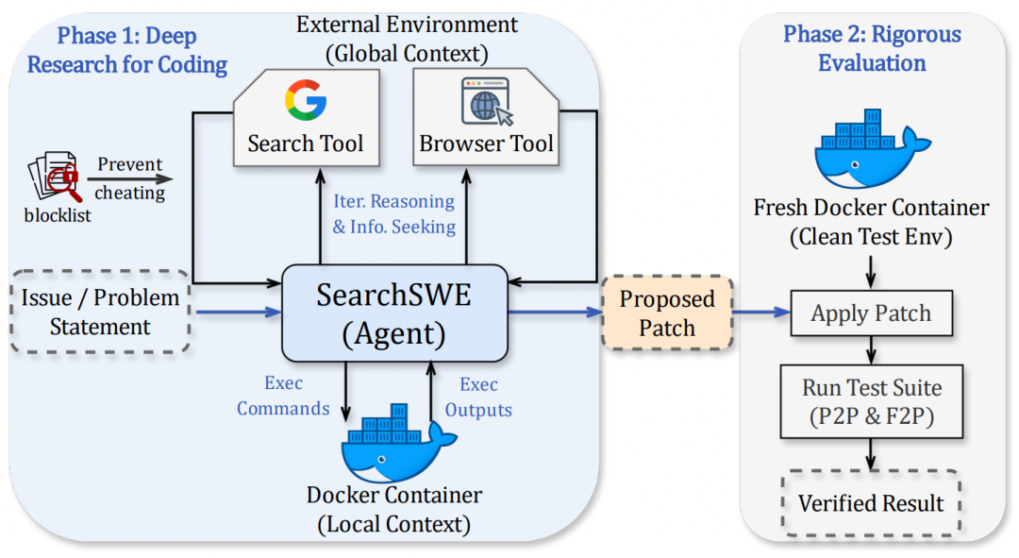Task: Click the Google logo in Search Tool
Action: (x=305, y=101)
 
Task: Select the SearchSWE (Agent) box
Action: (x=395, y=313)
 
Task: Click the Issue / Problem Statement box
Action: (x=100, y=313)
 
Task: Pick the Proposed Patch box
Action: (x=667, y=313)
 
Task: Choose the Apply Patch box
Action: (x=871, y=313)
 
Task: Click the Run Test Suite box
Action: (x=871, y=400)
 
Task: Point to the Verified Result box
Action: (x=871, y=503)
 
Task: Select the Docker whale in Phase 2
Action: (x=868, y=151)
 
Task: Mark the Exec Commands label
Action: (x=283, y=397)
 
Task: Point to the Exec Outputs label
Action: (x=478, y=397)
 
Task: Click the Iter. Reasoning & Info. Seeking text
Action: (x=393, y=214)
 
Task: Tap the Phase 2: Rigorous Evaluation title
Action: (x=872, y=49)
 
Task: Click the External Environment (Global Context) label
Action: (x=408, y=39)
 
